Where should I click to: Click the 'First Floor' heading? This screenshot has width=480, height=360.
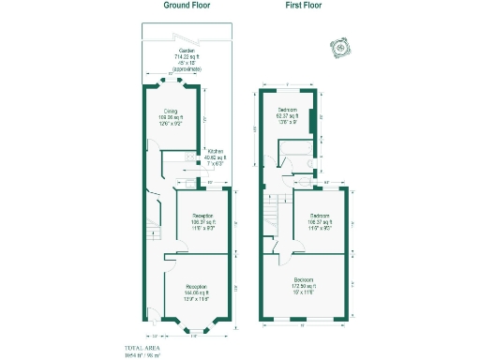tap(305, 6)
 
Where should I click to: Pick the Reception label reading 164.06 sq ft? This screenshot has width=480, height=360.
tap(196, 291)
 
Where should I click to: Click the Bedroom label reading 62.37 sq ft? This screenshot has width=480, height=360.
tap(287, 114)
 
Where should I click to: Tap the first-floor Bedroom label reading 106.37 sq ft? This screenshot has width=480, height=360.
tap(320, 221)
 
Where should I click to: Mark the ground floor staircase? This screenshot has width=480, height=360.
tap(154, 231)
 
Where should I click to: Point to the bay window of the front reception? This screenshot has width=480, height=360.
tap(196, 327)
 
